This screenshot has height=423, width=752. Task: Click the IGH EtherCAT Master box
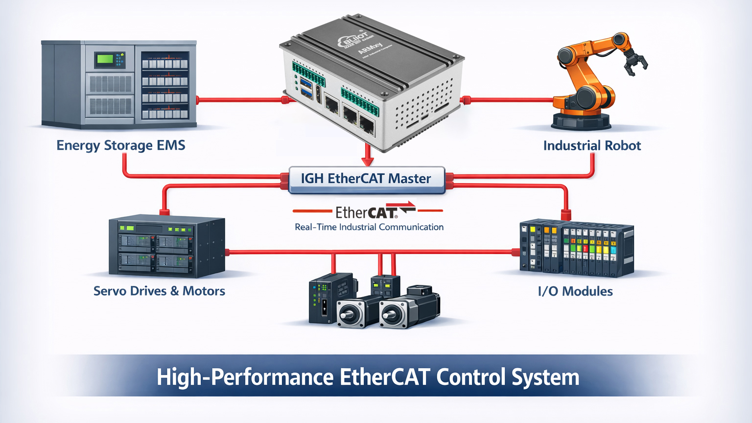[x=366, y=179]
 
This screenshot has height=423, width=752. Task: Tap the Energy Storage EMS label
[x=120, y=145]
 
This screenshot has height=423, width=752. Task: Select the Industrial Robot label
[x=591, y=145]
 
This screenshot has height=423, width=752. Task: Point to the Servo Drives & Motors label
[x=159, y=291]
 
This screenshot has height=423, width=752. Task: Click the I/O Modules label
[x=575, y=291]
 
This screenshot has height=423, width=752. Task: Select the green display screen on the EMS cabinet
[x=105, y=59]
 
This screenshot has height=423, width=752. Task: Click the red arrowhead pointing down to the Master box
[x=367, y=161]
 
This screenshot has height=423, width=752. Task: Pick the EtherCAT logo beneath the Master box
[x=368, y=211]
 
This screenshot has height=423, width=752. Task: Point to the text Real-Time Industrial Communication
[x=369, y=227]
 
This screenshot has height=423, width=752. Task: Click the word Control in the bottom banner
[x=470, y=377]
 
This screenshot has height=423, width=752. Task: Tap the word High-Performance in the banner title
[x=245, y=377]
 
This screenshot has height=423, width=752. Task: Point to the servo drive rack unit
[x=166, y=246]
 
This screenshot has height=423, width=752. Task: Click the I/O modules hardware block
[x=576, y=248]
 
